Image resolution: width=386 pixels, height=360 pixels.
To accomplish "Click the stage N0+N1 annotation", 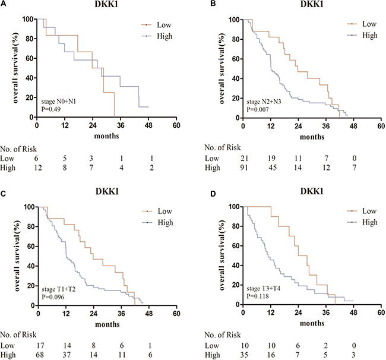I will pos(57,96).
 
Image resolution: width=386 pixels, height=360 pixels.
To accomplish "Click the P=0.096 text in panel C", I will pos(55,293).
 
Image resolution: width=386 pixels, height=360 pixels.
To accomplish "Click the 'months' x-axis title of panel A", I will pos(107,135).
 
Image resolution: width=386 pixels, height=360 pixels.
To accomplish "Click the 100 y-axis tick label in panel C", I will pos(27,207).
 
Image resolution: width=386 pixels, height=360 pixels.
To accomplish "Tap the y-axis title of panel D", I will pos(213,256).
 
